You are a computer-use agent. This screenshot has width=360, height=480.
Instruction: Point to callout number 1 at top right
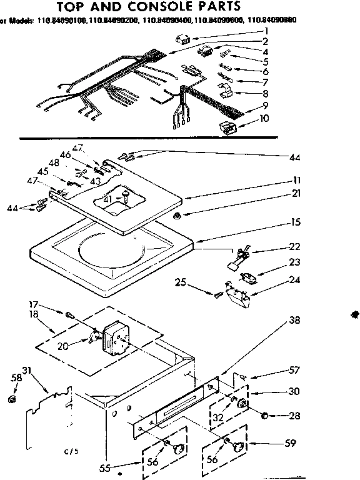tap(267, 30)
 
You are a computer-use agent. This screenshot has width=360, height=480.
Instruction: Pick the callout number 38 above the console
tap(294, 321)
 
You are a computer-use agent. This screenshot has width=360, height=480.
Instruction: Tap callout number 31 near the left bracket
tap(27, 369)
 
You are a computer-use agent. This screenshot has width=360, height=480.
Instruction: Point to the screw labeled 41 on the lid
tap(126, 197)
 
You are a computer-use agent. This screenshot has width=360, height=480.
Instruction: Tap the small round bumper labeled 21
tap(177, 215)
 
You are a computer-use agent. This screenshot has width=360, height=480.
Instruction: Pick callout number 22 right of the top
tap(294, 247)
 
